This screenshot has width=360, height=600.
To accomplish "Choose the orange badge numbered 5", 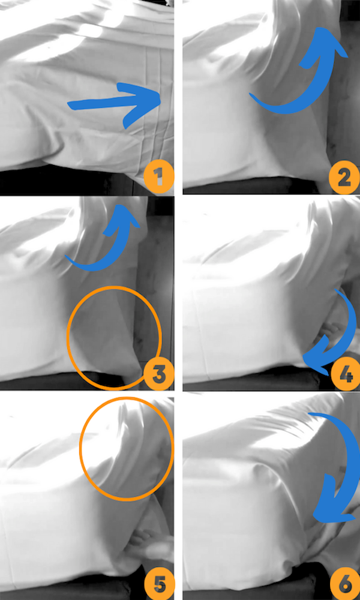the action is click(x=159, y=584).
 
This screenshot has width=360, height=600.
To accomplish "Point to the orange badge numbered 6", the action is click(x=344, y=584).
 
